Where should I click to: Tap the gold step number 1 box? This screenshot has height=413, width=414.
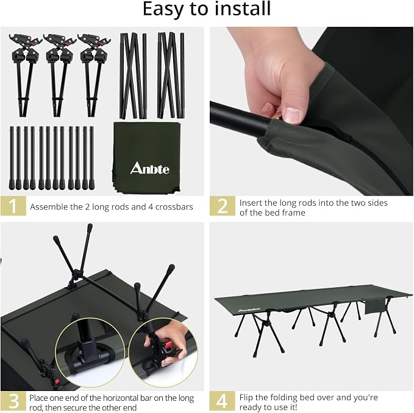(x=13, y=205)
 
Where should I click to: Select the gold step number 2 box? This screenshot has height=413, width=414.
(x=223, y=205)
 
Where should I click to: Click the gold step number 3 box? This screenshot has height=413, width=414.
(x=13, y=401)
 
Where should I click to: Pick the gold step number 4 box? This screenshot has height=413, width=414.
(x=222, y=401)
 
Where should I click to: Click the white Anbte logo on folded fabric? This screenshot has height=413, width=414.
(x=150, y=168)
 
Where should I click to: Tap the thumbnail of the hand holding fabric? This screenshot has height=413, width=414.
(x=312, y=111)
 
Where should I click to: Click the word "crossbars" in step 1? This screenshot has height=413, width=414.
(x=174, y=206)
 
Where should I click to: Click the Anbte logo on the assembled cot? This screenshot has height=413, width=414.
(x=249, y=310)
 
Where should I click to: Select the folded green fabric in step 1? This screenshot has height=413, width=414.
(x=146, y=158)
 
